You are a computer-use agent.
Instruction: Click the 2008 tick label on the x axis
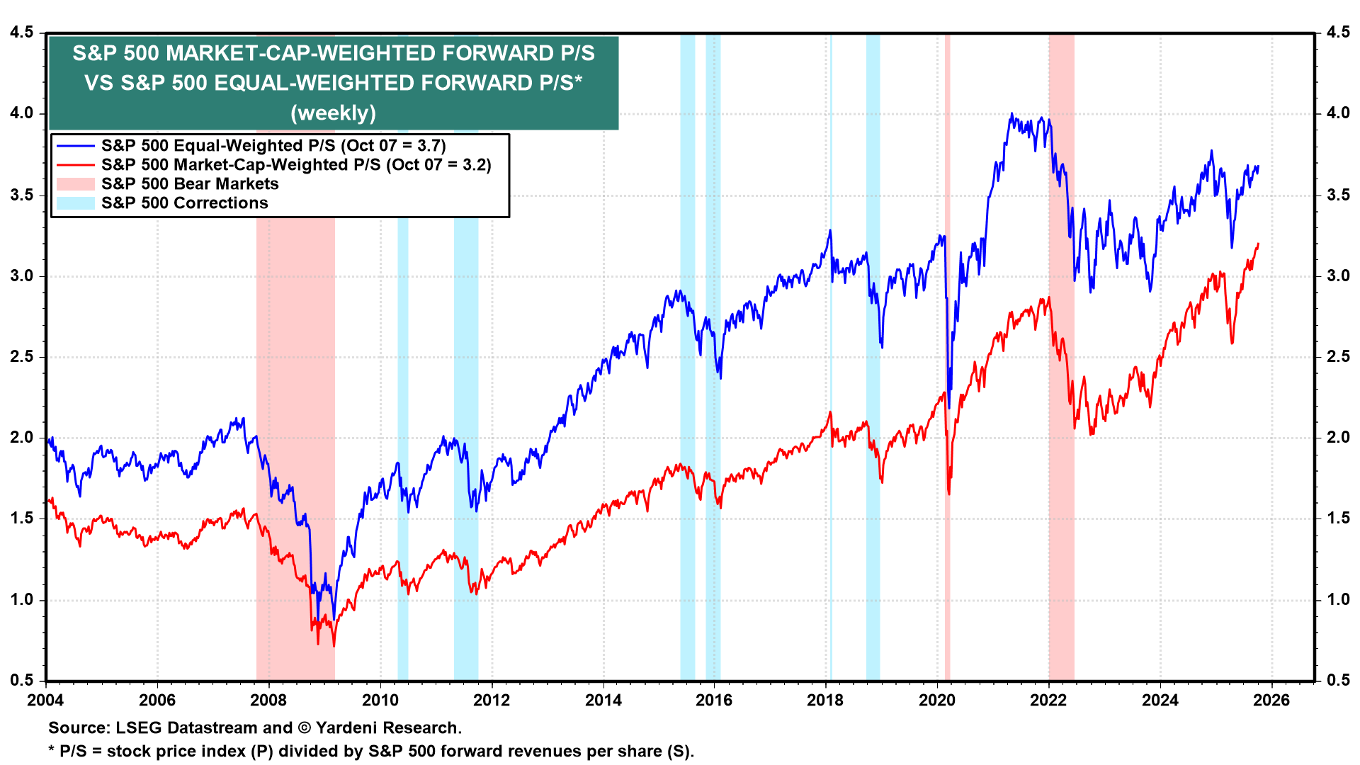(x=268, y=701)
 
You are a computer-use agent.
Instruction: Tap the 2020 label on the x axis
(x=937, y=701)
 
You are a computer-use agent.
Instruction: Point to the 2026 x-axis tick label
(x=1271, y=701)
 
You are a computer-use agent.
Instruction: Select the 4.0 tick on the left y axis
(x=21, y=113)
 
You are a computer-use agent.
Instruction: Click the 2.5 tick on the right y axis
(x=1338, y=356)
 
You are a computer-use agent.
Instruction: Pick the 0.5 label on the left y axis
(x=21, y=680)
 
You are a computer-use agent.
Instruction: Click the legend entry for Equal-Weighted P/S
(x=273, y=146)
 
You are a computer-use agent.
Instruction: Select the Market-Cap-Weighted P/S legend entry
(x=296, y=165)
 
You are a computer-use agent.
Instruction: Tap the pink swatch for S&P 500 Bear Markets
(x=75, y=184)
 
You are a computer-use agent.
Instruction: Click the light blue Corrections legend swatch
(x=75, y=203)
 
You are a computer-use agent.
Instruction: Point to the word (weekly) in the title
(x=333, y=113)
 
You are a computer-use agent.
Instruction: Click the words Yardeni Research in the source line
(x=388, y=727)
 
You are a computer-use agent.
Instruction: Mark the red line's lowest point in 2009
(x=334, y=645)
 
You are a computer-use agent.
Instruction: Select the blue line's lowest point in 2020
(x=949, y=408)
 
